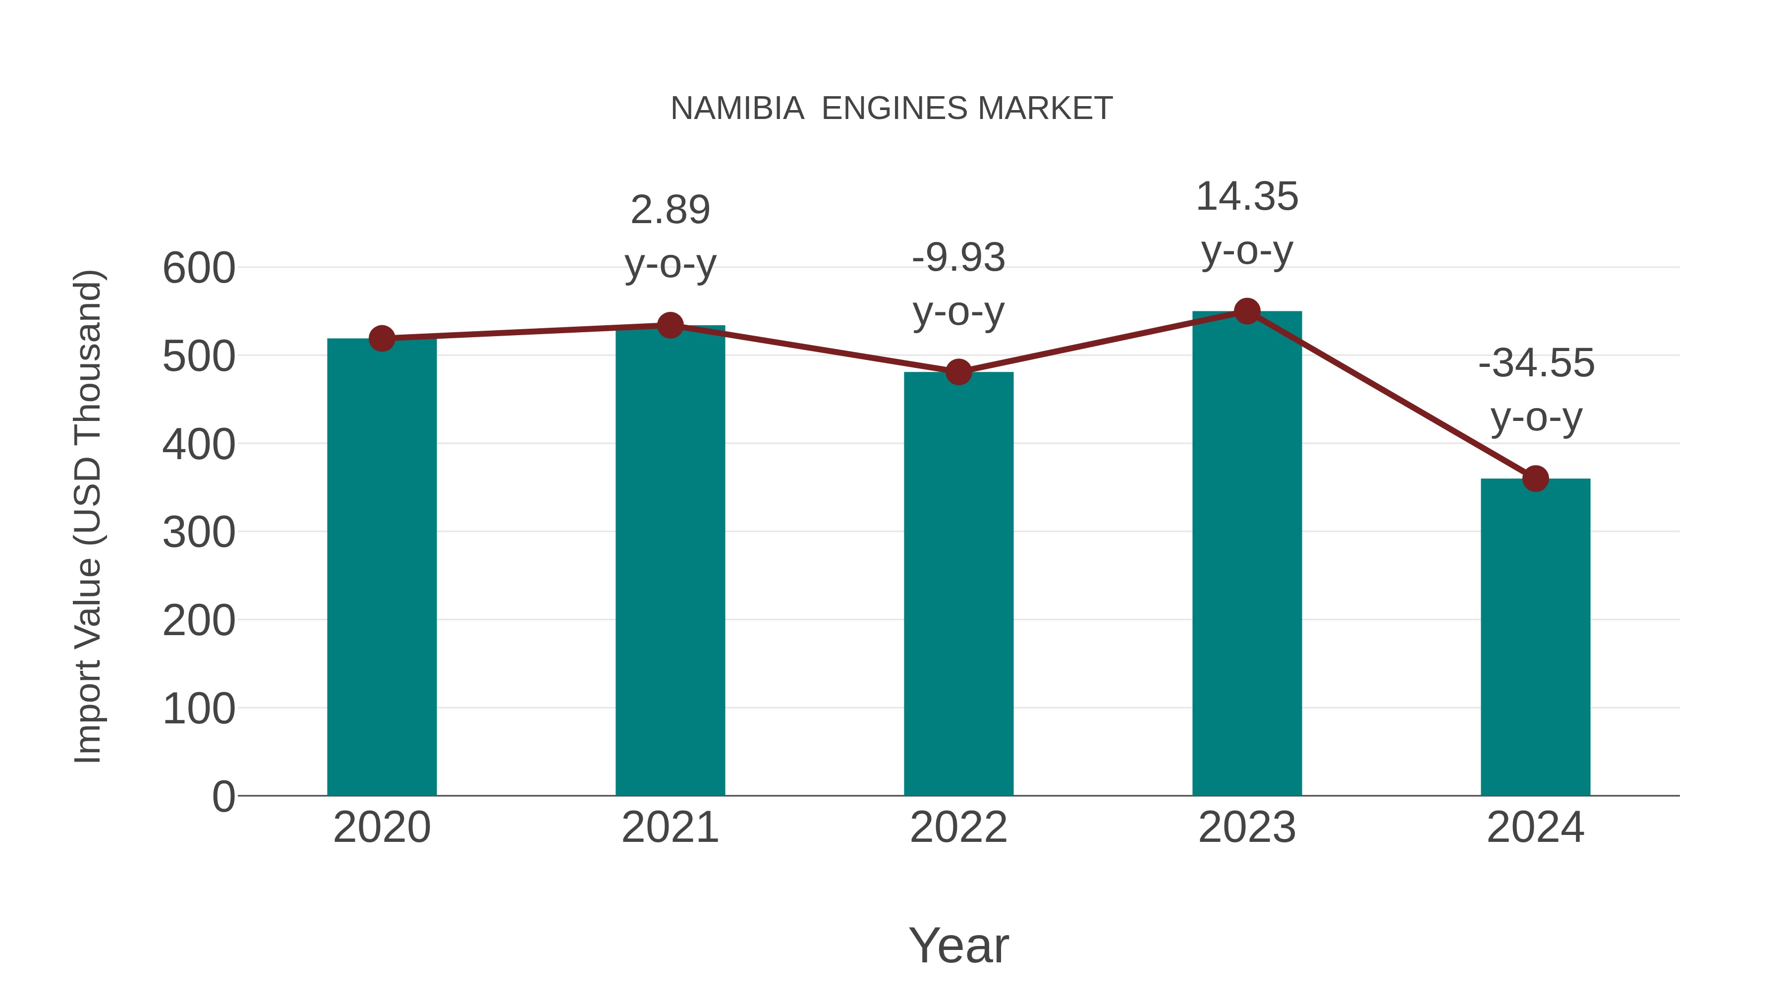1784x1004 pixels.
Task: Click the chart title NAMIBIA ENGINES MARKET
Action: point(892,109)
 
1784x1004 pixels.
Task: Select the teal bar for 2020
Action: point(382,568)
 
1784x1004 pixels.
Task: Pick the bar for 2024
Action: point(1535,638)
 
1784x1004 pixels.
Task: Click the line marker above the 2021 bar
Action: point(669,325)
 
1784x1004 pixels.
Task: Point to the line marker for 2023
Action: point(1247,311)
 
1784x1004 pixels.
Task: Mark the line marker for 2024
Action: point(1535,478)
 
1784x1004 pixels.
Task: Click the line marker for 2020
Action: point(382,339)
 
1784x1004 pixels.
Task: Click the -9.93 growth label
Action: point(958,258)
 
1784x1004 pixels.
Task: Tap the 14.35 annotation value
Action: point(1247,197)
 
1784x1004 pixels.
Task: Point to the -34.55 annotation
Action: point(1535,364)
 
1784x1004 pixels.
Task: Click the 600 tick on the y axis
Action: point(199,268)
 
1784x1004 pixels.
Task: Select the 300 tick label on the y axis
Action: point(199,533)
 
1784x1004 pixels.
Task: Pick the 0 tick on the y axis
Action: point(223,797)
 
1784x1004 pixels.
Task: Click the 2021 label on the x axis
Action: point(669,827)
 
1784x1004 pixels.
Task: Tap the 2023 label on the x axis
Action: point(1247,827)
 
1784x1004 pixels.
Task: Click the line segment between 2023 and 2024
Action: point(1391,395)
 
